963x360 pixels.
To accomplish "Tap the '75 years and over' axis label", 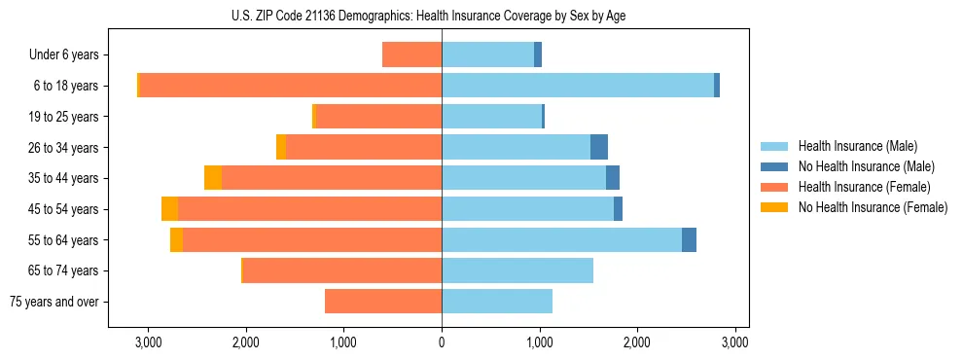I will point(54,302).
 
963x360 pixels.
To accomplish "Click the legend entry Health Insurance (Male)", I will point(857,146).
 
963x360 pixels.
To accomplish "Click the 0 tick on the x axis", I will point(442,342).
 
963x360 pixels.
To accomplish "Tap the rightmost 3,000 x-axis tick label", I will point(734,342).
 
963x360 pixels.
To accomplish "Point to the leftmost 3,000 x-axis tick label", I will point(148,342).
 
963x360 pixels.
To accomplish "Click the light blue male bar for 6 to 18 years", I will point(578,86).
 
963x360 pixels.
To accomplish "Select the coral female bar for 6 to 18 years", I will point(291,86).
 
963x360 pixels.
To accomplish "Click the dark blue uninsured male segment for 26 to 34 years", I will point(599,147).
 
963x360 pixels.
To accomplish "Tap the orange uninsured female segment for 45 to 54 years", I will point(169,209).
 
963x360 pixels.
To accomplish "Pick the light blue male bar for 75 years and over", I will point(497,302).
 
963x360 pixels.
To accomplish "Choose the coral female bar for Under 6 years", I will point(412,54).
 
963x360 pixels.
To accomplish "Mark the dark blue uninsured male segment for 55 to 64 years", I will point(689,240).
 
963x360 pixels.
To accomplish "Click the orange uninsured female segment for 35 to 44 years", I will point(213,178).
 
